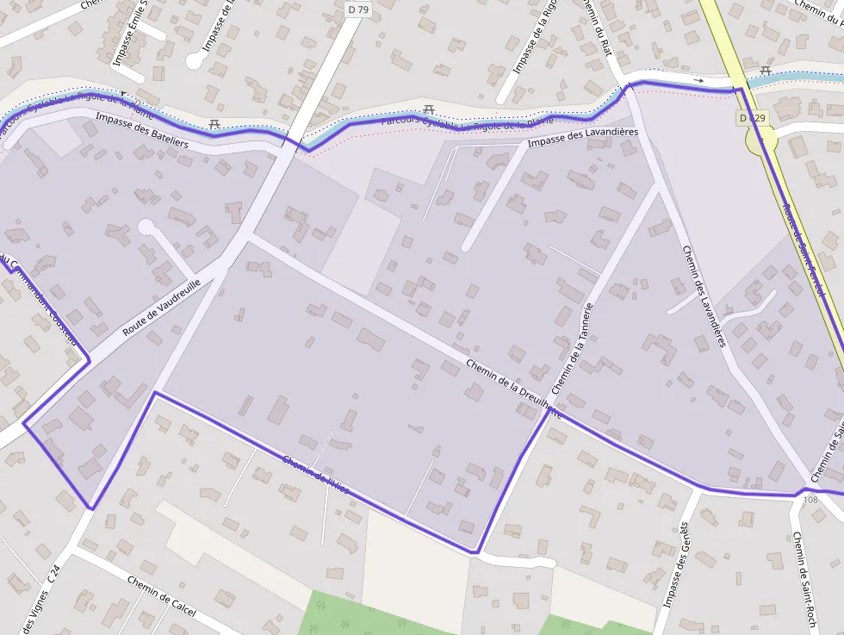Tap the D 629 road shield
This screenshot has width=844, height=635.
tap(751, 117)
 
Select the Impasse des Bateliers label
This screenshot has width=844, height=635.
tap(142, 131)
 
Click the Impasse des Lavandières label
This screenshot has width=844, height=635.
tap(583, 137)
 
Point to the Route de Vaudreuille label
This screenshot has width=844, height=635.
tap(161, 307)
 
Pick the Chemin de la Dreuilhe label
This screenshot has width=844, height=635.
tap(513, 389)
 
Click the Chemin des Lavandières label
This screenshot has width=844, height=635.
tap(704, 296)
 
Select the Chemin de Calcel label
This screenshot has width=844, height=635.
tap(161, 596)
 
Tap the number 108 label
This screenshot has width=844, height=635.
tap(810, 500)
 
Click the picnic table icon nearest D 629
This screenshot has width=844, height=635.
tap(765, 71)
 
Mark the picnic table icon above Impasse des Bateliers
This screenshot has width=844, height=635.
tap(214, 124)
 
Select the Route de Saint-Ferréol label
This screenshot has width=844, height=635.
tap(804, 250)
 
